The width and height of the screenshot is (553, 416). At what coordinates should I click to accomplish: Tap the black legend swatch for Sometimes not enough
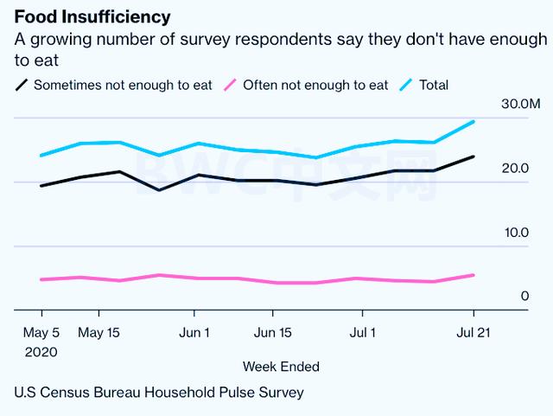click(22, 85)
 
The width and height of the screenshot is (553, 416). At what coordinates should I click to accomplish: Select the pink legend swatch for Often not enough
click(230, 85)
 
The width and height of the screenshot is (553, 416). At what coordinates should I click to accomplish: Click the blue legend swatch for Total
click(406, 85)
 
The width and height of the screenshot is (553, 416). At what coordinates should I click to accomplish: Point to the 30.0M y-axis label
click(521, 105)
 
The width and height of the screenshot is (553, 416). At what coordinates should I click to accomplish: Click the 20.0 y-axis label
click(516, 168)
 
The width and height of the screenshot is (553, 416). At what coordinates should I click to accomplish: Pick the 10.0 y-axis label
click(516, 233)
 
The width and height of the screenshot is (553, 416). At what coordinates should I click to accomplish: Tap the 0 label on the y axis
click(524, 297)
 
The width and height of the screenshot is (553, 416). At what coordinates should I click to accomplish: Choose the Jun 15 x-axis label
click(273, 332)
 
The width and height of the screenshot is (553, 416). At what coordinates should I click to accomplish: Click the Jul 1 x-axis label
click(360, 332)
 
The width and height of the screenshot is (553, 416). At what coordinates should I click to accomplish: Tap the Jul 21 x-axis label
click(473, 332)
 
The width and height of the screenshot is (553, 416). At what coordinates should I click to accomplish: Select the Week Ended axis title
click(281, 366)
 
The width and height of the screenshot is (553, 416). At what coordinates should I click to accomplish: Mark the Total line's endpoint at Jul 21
click(474, 121)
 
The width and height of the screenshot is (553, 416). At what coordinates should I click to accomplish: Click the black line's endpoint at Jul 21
click(474, 157)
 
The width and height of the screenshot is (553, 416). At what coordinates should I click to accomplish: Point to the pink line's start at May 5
click(41, 279)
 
